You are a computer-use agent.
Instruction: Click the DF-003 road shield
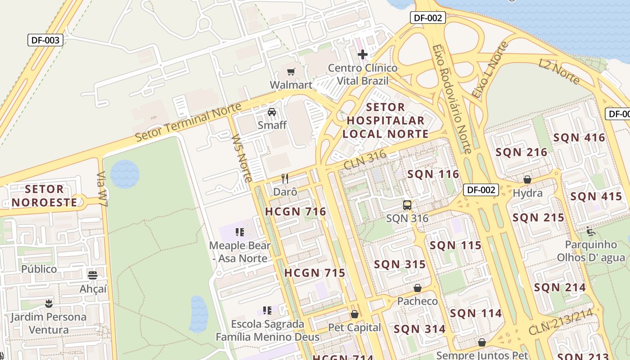tap(45, 40)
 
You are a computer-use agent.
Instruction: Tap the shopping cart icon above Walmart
tap(291, 72)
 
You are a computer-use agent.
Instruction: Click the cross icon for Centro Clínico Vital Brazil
tap(363, 55)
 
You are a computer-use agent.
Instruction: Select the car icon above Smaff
tap(272, 112)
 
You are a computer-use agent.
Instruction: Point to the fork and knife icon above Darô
tap(285, 179)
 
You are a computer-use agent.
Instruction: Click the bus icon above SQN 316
tap(407, 205)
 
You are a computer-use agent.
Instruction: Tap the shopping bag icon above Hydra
tap(527, 180)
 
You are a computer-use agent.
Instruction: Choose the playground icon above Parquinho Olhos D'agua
tap(591, 232)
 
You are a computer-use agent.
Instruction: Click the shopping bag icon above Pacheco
tap(418, 288)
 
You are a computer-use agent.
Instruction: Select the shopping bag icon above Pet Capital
tap(355, 314)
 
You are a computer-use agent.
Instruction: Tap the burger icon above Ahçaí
tap(93, 275)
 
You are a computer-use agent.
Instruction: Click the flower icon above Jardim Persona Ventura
tap(49, 303)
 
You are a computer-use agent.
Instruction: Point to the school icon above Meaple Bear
tap(240, 232)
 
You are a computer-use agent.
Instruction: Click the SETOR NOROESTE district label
tap(44, 196)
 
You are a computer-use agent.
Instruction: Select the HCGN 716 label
tap(295, 211)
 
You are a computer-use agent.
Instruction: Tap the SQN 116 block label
tap(433, 174)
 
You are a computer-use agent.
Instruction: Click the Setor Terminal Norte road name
tap(188, 121)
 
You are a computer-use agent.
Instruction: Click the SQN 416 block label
tap(579, 138)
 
